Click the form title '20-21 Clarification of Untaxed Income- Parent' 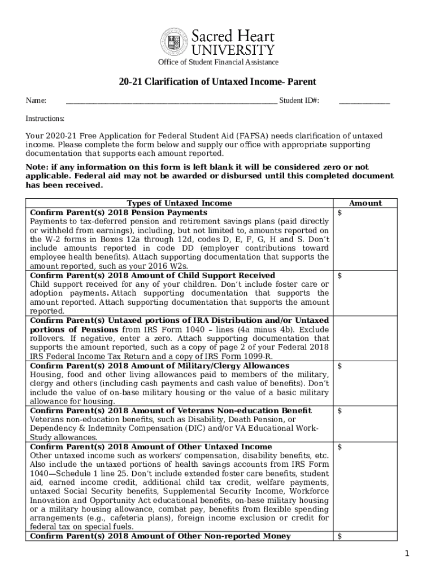click(x=217, y=82)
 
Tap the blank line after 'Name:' click(x=171, y=101)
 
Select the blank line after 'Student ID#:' click(x=364, y=101)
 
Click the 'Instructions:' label click(x=45, y=119)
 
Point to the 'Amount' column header click(x=366, y=203)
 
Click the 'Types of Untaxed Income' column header click(x=179, y=203)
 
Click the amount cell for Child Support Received click(x=366, y=293)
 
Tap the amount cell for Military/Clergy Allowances click(x=366, y=383)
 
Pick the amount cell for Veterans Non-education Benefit click(x=366, y=424)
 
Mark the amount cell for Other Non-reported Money click(x=366, y=536)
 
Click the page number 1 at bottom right click(x=406, y=554)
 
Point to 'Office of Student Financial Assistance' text click(x=218, y=62)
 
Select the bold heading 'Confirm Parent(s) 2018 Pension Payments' click(x=119, y=212)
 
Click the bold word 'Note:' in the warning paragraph click(x=37, y=167)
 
